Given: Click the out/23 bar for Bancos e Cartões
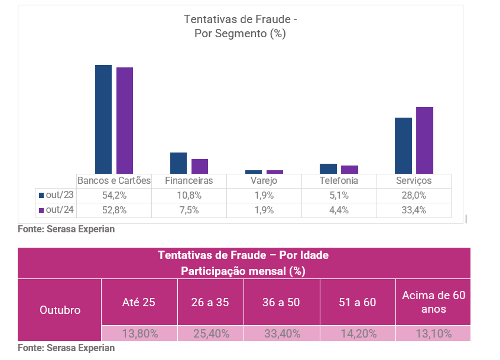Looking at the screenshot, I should (103, 119).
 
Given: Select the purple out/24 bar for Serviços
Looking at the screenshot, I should (424, 140).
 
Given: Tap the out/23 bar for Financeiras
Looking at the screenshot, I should (178, 163).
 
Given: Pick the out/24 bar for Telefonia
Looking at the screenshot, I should (349, 169).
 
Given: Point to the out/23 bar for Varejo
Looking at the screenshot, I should (254, 171).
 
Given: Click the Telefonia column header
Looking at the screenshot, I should (339, 181).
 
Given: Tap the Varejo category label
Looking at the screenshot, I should (264, 181).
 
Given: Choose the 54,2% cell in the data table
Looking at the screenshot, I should (114, 195).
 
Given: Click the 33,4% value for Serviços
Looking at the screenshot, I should (414, 210).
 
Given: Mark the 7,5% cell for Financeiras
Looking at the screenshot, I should (189, 210).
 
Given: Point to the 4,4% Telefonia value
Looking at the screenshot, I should (339, 210).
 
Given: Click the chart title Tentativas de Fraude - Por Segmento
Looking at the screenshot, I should (240, 27).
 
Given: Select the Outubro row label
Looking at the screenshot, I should (60, 310).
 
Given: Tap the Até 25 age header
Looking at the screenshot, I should (138, 302).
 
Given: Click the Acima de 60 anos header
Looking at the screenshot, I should (433, 301).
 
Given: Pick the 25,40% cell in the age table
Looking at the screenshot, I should (211, 333).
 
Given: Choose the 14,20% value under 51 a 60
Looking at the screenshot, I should (358, 333).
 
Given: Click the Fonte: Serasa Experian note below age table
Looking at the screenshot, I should (66, 348).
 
